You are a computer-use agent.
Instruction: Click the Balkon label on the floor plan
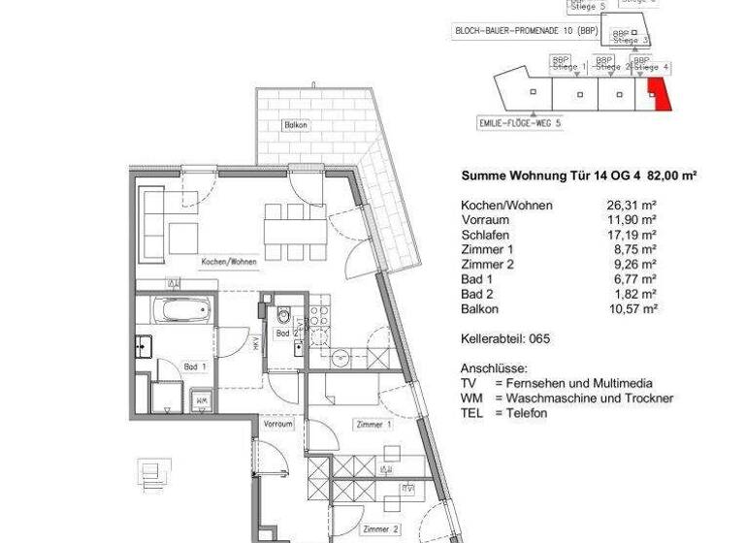point(297,126)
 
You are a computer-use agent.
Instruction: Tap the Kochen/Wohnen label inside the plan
point(229,263)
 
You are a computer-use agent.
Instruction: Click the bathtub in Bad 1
point(180,312)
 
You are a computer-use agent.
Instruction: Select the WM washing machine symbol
point(202,399)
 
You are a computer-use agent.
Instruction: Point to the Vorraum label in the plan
point(278,425)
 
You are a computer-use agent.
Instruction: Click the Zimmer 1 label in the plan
point(373,425)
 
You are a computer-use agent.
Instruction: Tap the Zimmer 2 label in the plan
point(379,529)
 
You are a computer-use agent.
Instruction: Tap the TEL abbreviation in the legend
point(470,413)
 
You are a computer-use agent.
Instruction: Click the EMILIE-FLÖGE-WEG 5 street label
point(519,124)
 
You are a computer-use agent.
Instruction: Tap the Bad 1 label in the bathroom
point(195,367)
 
